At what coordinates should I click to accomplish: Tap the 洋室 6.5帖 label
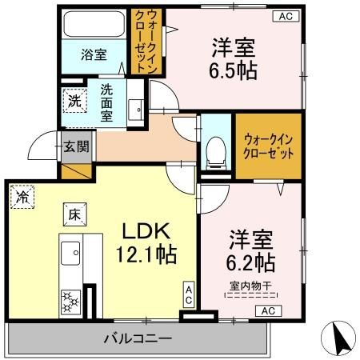coord(234,58)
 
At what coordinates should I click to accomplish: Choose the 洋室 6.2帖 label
coord(252,250)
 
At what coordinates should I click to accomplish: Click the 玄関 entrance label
coord(78,146)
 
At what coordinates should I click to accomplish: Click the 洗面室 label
coord(109,102)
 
